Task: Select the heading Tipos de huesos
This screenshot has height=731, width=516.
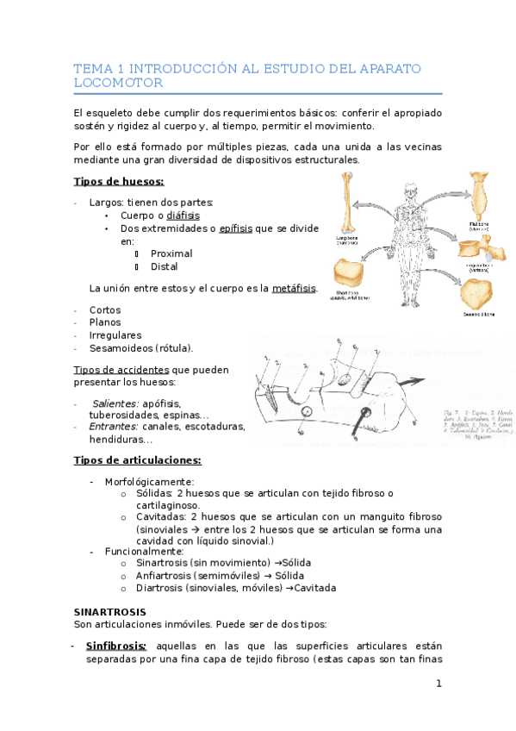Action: coord(119,181)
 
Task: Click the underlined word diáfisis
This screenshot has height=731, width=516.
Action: coord(183,216)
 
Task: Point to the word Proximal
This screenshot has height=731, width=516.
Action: coord(171,254)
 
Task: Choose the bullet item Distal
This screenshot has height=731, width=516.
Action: coord(164,267)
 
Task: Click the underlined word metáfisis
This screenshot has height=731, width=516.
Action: coord(294,288)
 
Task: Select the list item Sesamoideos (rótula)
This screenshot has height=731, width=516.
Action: coord(141,348)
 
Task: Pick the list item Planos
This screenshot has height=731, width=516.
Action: coord(105,322)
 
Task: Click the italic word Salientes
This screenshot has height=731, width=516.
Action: coord(116,403)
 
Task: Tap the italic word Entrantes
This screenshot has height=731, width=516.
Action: coord(114,426)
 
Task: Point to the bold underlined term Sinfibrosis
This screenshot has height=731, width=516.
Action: coord(116,646)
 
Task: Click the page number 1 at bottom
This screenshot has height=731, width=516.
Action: coord(438,684)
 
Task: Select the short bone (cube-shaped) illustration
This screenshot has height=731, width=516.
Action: coord(351,275)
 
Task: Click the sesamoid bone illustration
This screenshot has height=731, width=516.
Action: coord(478,294)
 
